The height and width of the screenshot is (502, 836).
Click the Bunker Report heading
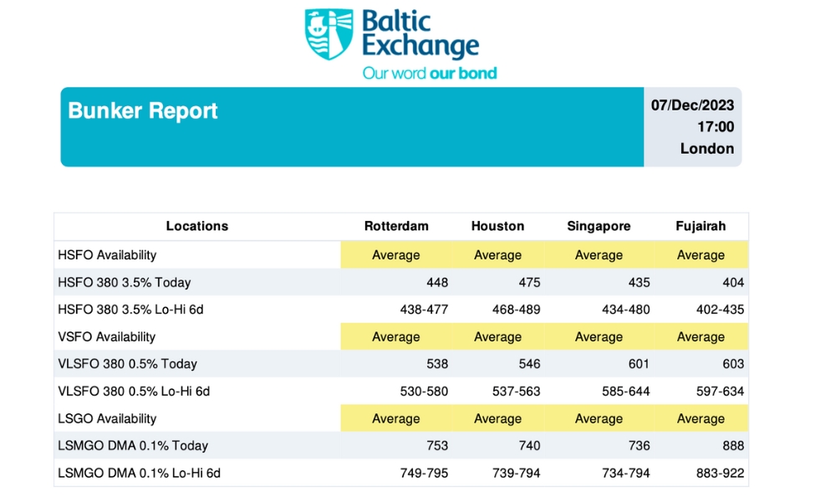pos(143,111)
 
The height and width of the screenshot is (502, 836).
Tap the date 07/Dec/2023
pos(692,105)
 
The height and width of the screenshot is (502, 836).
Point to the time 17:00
pos(716,127)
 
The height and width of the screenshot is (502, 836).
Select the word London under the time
pos(707,149)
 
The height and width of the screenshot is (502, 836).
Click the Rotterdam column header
pos(396,226)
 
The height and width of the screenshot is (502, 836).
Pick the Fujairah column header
pos(701,226)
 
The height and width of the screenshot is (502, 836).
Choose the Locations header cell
pos(197,226)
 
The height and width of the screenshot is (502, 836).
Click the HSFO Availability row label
pos(107,255)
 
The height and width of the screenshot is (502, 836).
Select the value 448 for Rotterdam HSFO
pos(436,283)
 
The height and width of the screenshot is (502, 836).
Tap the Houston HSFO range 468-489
pos(516,310)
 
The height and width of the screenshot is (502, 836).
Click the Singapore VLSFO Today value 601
pos(638,364)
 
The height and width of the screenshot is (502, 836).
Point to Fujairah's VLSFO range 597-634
pos(720,392)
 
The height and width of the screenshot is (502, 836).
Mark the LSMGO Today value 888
pos(731,446)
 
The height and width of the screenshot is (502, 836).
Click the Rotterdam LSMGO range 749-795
pos(424,474)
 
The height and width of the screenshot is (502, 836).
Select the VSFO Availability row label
pos(107,337)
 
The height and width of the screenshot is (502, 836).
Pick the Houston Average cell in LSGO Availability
pos(497,418)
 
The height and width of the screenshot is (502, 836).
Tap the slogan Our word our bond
pos(430,74)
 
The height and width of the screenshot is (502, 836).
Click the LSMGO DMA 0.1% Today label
pos(133,446)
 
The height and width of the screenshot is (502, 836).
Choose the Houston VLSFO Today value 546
pos(528,364)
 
